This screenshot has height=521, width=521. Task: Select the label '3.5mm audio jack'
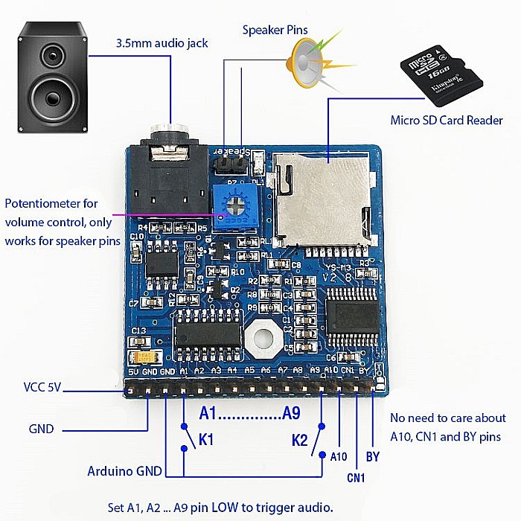pos(162,44)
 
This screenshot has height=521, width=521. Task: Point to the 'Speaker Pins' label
pos(275,30)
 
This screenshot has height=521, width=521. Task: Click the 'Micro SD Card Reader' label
pos(447,120)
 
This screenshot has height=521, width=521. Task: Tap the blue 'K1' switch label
pos(205,440)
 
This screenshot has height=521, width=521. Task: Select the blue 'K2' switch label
pos(299,440)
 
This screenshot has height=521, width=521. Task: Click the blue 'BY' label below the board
pos(374,456)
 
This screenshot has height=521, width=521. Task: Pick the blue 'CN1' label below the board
pos(356,477)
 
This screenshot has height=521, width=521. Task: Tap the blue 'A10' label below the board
pos(338,456)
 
